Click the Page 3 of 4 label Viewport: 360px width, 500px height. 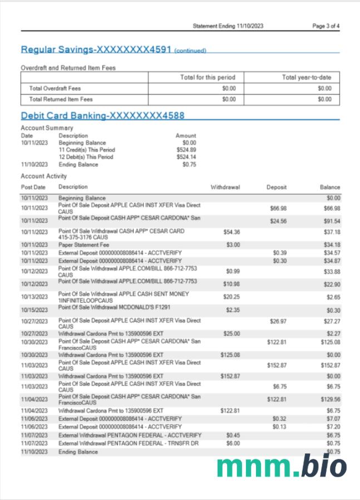(326, 26)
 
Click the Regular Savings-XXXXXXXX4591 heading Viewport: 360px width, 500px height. (96, 49)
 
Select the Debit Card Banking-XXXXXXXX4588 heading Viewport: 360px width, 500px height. (102, 116)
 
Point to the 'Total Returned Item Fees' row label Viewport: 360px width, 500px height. (61, 99)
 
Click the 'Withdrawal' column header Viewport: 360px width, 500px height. (225, 187)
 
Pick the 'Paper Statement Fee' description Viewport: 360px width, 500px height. (85, 244)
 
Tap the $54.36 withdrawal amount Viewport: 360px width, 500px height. (231, 231)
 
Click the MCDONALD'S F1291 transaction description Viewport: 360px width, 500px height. (127, 308)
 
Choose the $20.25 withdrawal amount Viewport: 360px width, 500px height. (233, 297)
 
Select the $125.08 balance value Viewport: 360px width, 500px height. (330, 341)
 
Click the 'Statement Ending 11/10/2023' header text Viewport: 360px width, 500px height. (228, 26)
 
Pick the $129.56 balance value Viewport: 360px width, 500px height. (330, 399)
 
